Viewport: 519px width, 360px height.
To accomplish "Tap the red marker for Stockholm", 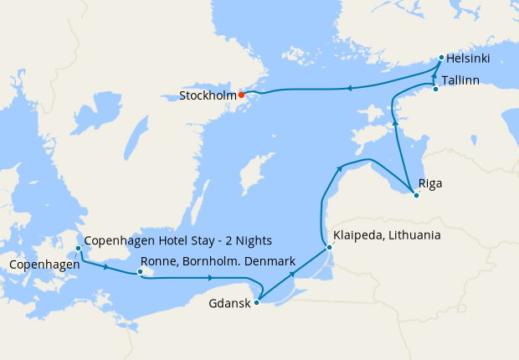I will (241, 95).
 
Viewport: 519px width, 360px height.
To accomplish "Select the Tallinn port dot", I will (435, 88).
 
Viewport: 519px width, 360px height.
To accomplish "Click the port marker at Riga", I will (416, 195).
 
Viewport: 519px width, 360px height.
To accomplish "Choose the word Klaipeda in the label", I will (359, 236).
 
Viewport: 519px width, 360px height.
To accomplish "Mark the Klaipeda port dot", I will (329, 247).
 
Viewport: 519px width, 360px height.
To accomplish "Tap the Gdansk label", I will (229, 303).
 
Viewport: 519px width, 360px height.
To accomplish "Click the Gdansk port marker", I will (256, 302).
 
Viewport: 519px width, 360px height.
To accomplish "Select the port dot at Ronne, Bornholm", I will (141, 271).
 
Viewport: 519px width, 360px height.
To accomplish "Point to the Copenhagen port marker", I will (78, 249).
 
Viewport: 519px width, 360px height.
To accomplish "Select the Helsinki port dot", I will (441, 58).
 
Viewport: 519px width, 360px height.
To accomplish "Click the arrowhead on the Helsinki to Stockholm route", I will (347, 88).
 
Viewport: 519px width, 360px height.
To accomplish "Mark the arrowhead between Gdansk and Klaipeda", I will (292, 273).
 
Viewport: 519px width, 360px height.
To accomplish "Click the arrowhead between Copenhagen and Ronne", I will (105, 267).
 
